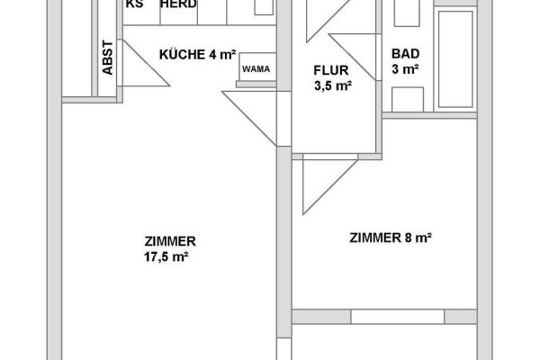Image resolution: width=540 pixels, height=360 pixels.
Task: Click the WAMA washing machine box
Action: [257, 67]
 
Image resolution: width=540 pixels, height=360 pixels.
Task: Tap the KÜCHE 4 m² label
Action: [198, 54]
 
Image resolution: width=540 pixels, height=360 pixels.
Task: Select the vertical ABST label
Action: [108, 58]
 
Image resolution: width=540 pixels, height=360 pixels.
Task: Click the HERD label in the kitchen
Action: [178, 4]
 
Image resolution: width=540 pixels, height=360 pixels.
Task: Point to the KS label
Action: [134, 4]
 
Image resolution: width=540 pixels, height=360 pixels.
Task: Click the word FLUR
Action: [331, 70]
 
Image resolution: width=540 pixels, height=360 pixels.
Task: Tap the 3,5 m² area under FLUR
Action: [333, 85]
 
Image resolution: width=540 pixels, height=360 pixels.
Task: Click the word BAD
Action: [405, 54]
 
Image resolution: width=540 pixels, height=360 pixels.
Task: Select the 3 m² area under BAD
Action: [405, 69]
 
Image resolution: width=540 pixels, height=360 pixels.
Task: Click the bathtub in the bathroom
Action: [455, 58]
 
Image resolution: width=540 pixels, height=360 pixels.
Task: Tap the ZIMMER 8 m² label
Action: [391, 238]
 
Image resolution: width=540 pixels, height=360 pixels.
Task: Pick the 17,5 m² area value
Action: [166, 257]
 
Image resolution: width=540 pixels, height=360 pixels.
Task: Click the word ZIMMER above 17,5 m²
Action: [170, 241]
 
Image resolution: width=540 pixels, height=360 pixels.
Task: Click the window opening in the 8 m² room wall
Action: [398, 317]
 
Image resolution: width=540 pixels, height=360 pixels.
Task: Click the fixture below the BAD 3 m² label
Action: [408, 99]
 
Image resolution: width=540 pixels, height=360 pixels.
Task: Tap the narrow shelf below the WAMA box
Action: [256, 84]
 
